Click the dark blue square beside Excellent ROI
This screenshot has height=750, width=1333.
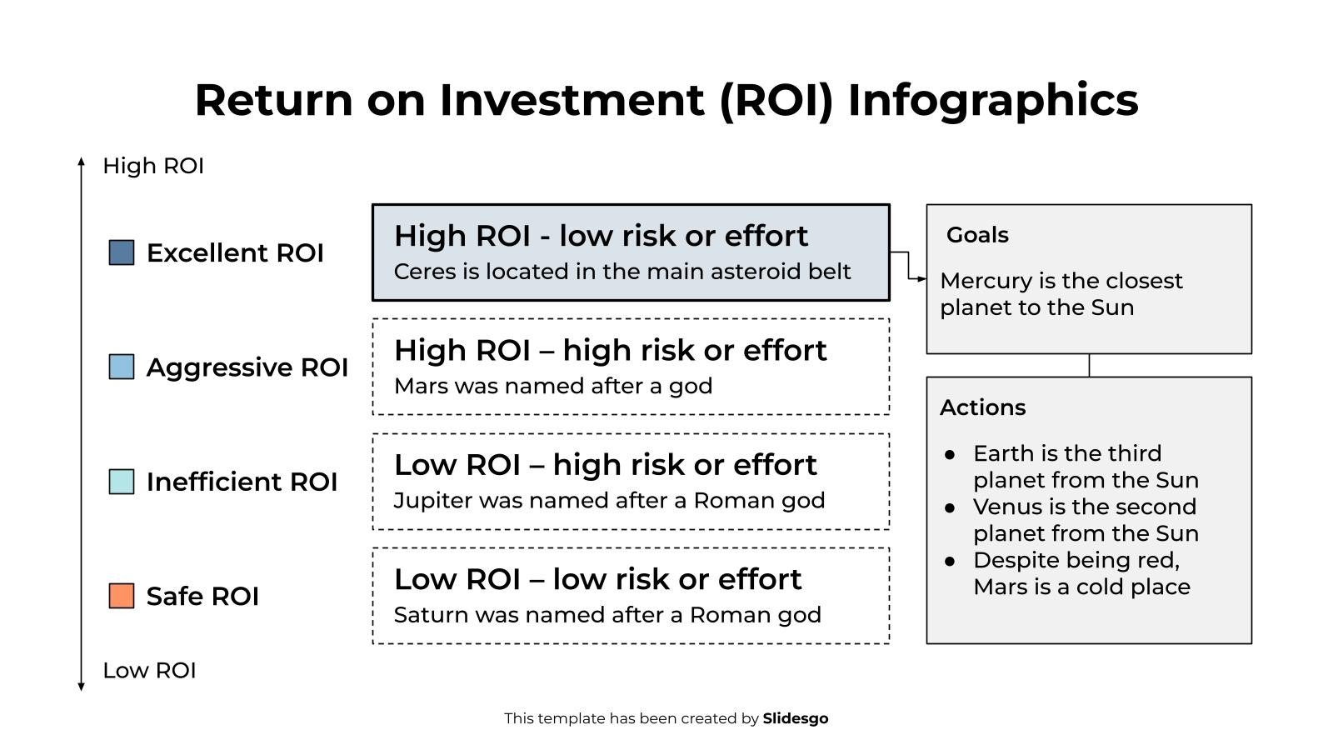122,252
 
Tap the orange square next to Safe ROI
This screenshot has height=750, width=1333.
122,596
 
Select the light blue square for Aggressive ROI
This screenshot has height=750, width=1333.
122,367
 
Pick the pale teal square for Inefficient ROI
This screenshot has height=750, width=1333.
122,482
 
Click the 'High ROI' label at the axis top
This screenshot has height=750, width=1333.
153,166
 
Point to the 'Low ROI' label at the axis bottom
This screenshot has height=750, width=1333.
149,670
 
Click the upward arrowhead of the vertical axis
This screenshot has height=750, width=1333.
81,162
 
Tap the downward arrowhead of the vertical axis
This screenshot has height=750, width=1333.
81,686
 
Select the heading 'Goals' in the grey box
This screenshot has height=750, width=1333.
977,235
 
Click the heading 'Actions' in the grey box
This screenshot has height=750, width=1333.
982,407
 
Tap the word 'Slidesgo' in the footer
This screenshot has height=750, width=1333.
795,718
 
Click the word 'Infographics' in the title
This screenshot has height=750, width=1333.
992,100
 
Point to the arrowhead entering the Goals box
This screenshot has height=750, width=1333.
921,279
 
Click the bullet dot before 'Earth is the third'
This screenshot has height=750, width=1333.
950,454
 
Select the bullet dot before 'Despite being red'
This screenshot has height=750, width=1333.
950,561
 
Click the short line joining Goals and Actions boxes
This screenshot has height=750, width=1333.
1089,365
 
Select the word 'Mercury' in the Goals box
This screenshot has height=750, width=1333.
984,281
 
